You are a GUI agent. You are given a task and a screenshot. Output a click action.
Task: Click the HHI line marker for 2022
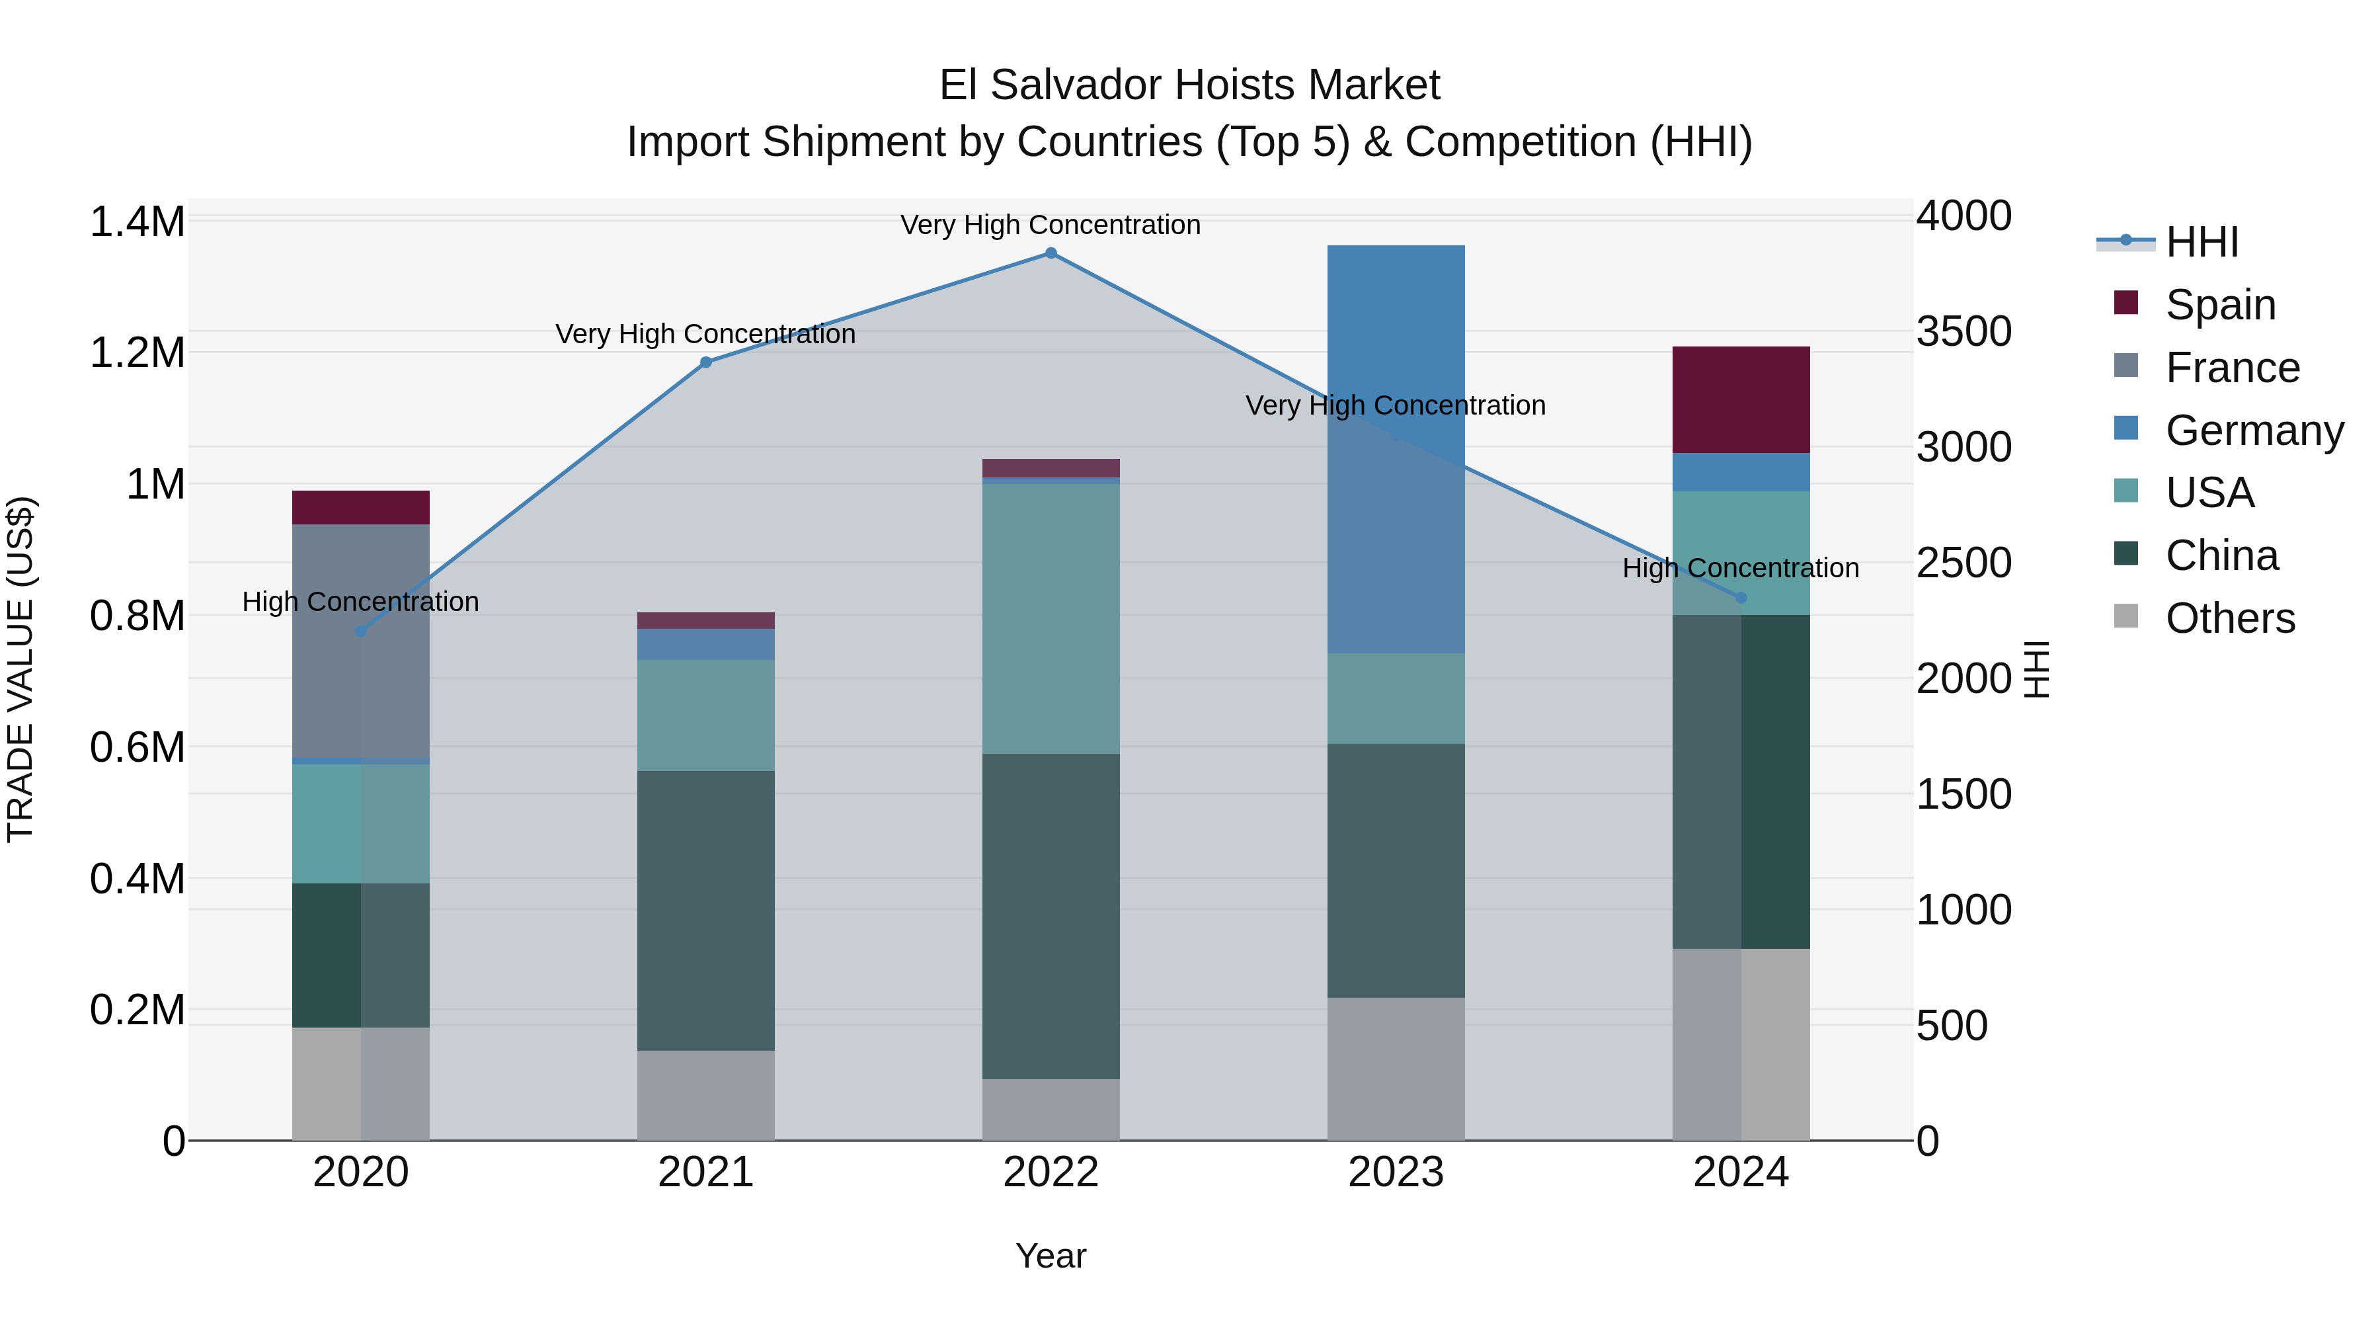[1051, 253]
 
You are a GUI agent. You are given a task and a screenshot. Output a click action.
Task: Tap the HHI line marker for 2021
[706, 362]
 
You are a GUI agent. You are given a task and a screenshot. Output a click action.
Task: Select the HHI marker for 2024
[1741, 598]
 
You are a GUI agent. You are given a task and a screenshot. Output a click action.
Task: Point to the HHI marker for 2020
[361, 631]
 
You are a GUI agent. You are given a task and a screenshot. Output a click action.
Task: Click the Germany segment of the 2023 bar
[1395, 448]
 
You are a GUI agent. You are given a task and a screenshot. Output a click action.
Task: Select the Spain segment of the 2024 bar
[1741, 399]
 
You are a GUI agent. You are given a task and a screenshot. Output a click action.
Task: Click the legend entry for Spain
[2219, 305]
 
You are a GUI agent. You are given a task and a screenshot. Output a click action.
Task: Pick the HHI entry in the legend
[2201, 242]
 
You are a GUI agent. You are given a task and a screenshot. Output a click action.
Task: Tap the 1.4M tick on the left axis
[138, 223]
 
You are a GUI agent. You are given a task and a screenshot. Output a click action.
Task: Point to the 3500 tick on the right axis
[1963, 332]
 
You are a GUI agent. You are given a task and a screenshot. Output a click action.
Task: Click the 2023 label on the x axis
[1395, 1172]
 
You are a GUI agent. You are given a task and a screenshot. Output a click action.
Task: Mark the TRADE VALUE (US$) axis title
[21, 669]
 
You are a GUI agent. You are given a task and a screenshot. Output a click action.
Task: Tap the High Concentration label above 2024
[1741, 568]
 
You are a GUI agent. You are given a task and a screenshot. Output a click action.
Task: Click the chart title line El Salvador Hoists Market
[1189, 85]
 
